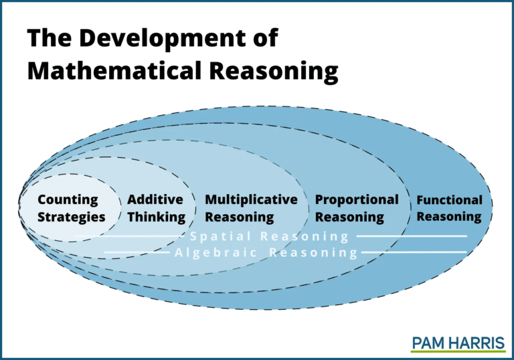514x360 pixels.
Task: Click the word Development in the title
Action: coord(163,39)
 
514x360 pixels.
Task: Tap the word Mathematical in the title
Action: coord(114,71)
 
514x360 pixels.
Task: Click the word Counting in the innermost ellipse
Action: coord(68,200)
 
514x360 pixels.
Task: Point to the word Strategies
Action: coord(72,217)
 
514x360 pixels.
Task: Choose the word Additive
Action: coord(155,199)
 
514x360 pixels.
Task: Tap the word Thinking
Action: coord(157,217)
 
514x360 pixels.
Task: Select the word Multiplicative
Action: coord(251,200)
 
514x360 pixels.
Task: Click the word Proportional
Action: coord(357,200)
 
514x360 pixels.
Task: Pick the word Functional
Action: coord(450,199)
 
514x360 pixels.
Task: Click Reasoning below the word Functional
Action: coord(449,217)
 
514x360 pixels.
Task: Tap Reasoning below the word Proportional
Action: coord(349,217)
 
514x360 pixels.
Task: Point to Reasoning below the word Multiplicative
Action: coord(240,217)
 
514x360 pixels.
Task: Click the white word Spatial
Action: coord(220,236)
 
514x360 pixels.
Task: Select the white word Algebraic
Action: coord(216,253)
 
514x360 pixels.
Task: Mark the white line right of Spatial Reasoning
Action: coord(412,236)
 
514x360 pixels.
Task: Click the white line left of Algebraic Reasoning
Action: coord(137,252)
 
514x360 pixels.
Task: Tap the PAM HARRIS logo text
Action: coord(458,343)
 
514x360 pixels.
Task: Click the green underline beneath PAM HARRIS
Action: coord(458,351)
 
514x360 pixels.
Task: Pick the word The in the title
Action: coord(49,37)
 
